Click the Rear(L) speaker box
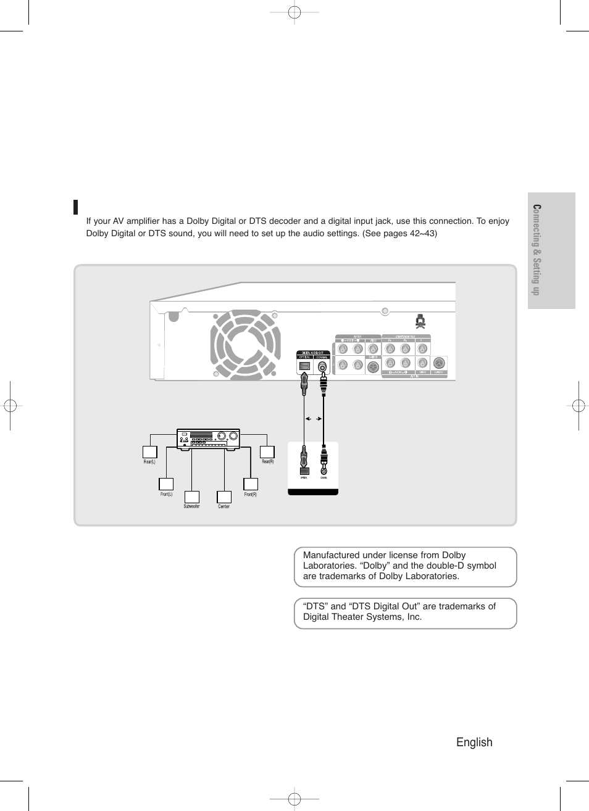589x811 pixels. coord(150,452)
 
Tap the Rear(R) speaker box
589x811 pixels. coord(267,452)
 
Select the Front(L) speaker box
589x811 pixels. coord(166,484)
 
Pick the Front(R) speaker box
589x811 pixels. coord(250,484)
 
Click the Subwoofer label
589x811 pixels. coord(191,507)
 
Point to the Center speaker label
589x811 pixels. coord(223,507)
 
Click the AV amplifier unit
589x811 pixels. coord(208,438)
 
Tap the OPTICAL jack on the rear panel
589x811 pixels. coord(304,366)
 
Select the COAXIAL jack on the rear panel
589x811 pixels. coord(322,366)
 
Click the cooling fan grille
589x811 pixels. coord(245,343)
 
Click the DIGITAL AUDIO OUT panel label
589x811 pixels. coord(312,353)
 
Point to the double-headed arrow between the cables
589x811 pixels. coord(314,419)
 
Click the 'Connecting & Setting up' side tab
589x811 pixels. coord(537,250)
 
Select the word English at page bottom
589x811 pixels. coord(474,743)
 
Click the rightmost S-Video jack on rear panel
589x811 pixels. coord(438,364)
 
